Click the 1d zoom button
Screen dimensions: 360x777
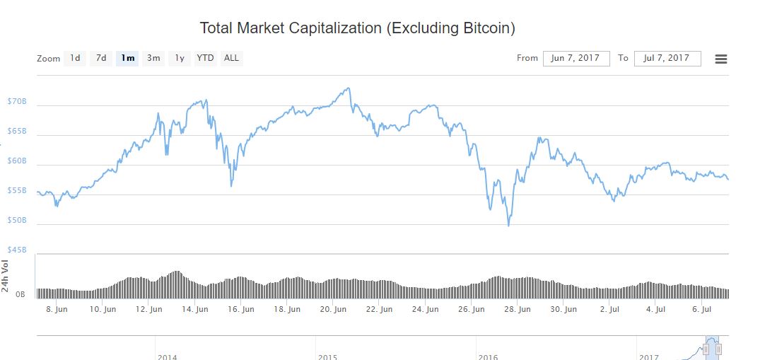tap(75, 58)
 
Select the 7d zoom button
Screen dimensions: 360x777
tap(101, 58)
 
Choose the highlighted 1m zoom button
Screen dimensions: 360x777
tap(128, 58)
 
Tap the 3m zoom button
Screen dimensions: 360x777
tap(153, 58)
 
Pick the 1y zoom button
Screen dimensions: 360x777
tap(180, 58)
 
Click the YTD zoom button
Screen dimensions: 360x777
tap(205, 58)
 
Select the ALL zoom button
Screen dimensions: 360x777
tap(231, 58)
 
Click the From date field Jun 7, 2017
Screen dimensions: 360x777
tap(576, 58)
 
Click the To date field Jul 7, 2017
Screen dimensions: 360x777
tap(667, 58)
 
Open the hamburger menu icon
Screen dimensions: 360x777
tap(721, 59)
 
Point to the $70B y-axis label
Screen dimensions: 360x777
tap(16, 102)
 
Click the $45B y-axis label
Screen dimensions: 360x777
tap(16, 250)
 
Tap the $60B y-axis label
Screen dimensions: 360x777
tap(16, 161)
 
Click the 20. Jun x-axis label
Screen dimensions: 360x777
tap(333, 309)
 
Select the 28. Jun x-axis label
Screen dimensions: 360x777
tap(518, 309)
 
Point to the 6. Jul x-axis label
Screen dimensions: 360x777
tap(701, 309)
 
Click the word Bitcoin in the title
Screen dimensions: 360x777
tap(486, 29)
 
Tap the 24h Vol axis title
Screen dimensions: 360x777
tap(6, 275)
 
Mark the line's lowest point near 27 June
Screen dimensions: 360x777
tap(508, 226)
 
